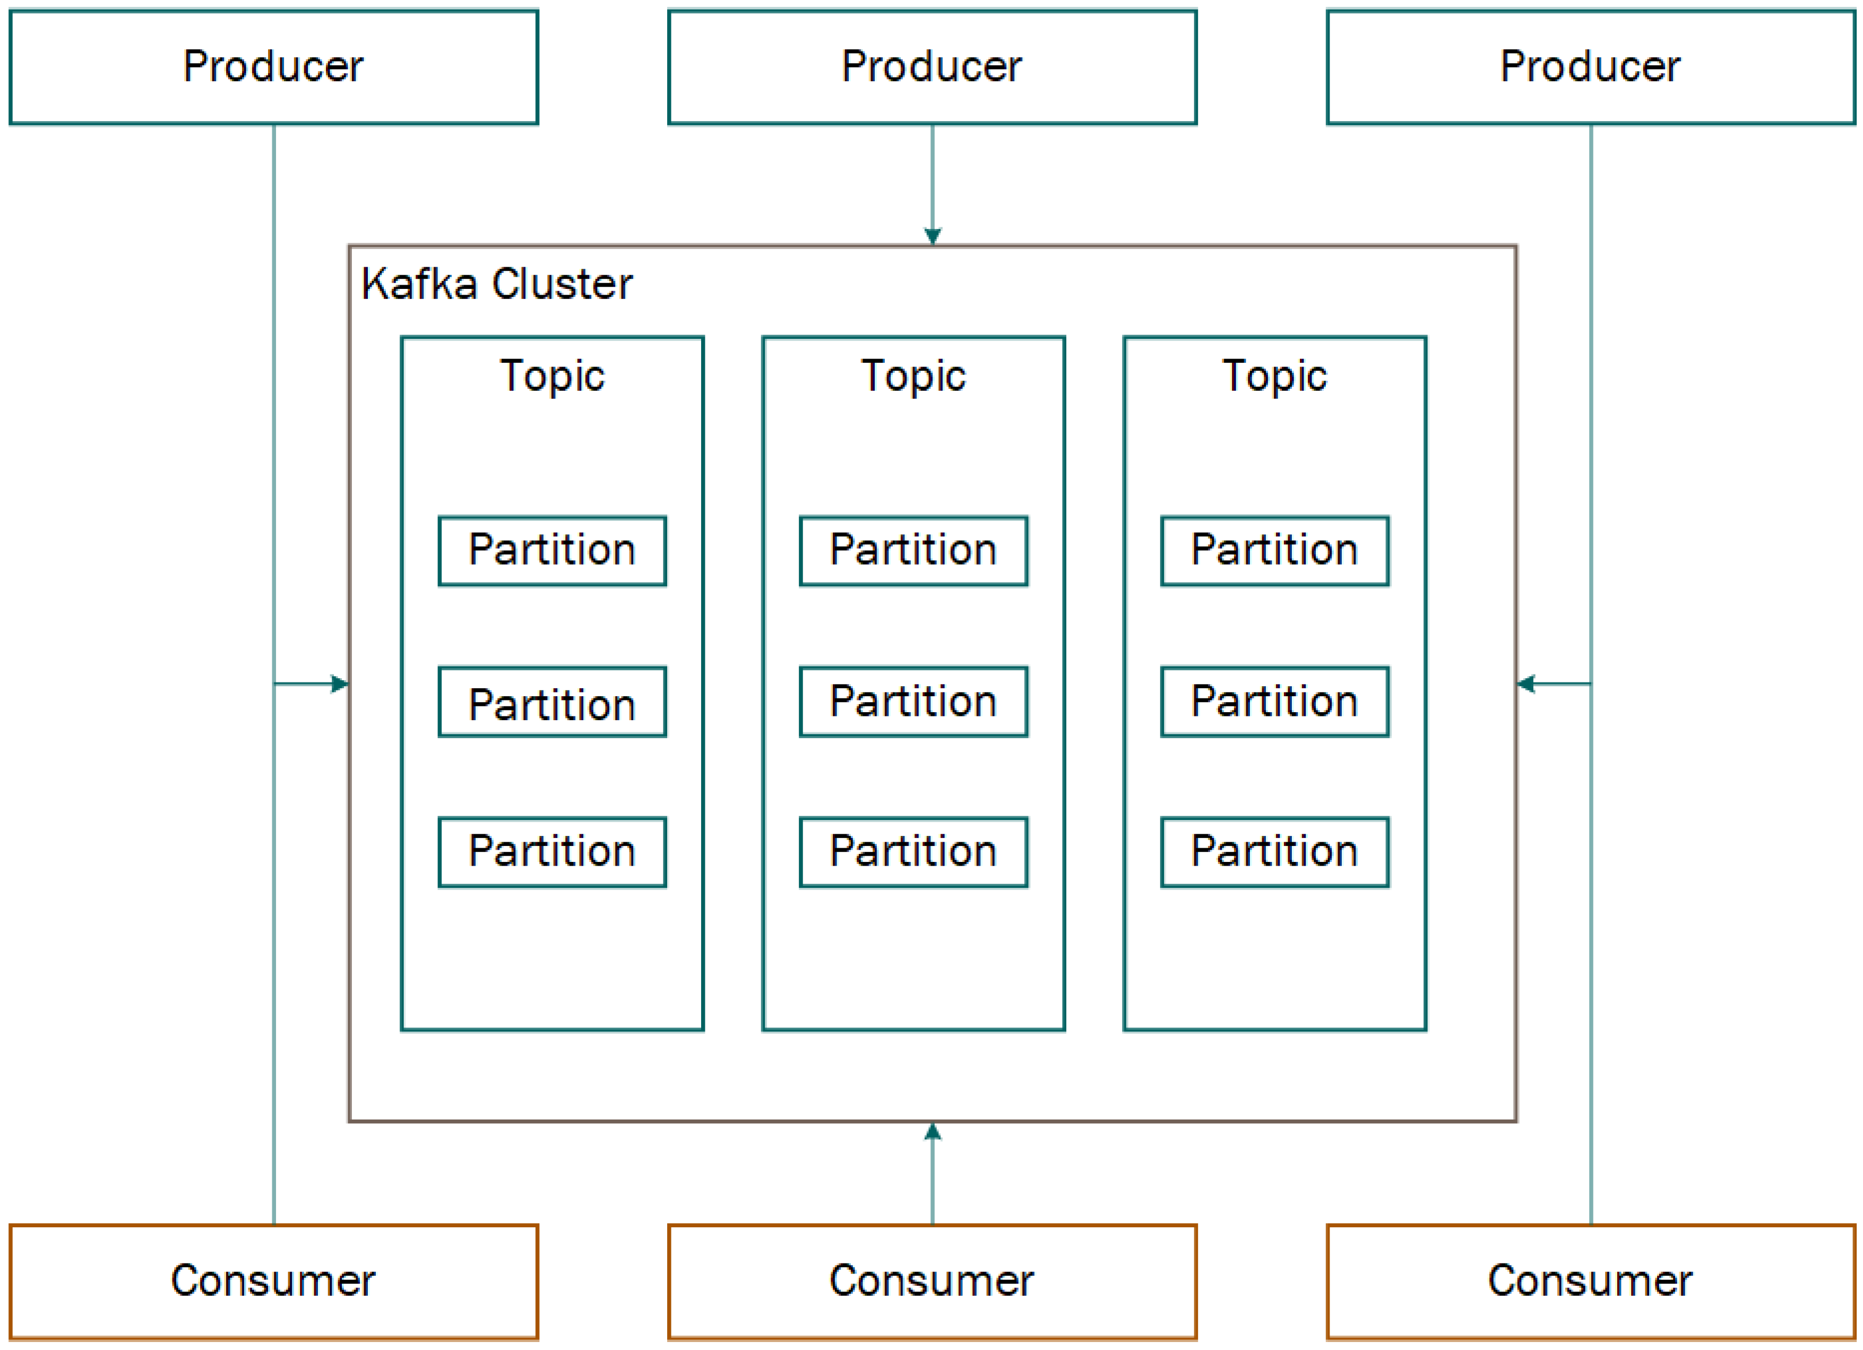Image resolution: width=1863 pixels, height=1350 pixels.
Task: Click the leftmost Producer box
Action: [273, 66]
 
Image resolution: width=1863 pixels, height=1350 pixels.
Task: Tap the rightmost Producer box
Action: [1590, 66]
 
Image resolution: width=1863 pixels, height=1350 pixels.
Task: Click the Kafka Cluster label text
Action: [496, 284]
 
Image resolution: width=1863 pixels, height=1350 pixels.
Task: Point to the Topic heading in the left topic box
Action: [552, 377]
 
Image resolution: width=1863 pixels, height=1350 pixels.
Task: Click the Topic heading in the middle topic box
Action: [913, 377]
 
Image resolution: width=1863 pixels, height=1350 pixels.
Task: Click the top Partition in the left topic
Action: [552, 551]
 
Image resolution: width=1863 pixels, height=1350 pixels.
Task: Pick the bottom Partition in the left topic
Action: [552, 852]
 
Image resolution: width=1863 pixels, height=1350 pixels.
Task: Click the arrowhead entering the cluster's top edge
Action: [933, 237]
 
